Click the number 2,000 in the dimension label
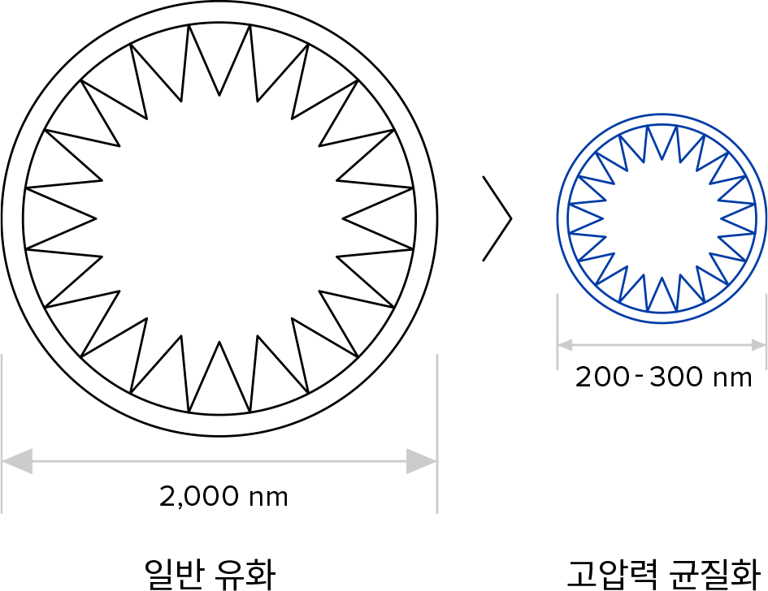[x=199, y=496]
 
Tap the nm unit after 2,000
[x=268, y=498]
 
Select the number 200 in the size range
[x=602, y=377]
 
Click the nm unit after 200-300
[x=732, y=379]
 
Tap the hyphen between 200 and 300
[x=639, y=376]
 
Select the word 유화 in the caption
[x=245, y=573]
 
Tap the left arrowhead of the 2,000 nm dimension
[x=18, y=461]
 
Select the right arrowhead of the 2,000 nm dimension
[x=421, y=461]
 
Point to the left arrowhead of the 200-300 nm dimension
[x=565, y=345]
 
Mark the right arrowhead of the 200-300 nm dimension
[x=759, y=345]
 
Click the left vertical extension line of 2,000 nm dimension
[x=2, y=434]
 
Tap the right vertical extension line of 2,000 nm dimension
[x=437, y=434]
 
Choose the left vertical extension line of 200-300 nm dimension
[x=558, y=332]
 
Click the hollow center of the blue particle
[x=662, y=218]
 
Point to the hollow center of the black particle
[x=219, y=218]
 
